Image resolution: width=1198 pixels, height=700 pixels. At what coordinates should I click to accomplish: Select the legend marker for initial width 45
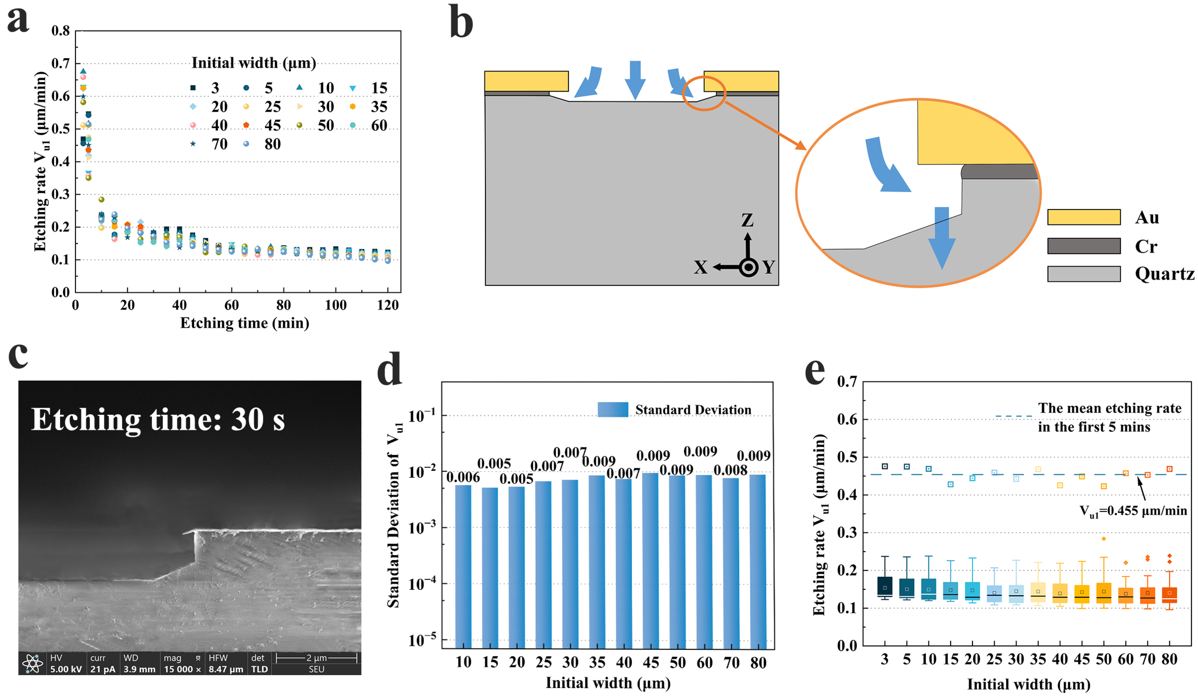(246, 125)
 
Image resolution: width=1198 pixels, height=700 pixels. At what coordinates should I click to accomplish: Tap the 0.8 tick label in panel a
(61, 31)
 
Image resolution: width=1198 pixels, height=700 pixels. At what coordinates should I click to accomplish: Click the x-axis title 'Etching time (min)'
(244, 323)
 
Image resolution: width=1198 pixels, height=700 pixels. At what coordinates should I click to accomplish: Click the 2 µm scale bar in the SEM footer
(316, 658)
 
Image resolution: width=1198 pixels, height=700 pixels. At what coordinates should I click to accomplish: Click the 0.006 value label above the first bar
(463, 477)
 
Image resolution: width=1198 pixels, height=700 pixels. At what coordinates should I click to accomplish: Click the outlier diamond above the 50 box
(1103, 539)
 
